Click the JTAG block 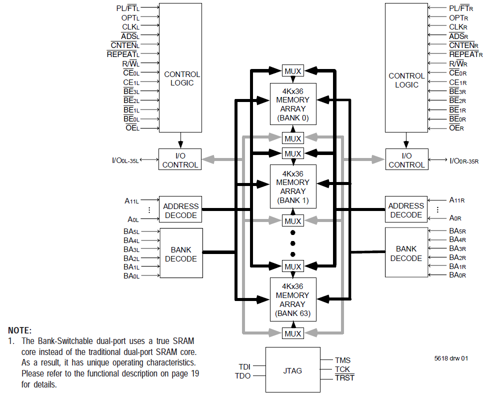(x=292, y=370)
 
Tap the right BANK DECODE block (x=406, y=252)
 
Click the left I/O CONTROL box (x=180, y=160)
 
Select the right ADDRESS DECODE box (x=406, y=210)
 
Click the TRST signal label (x=344, y=378)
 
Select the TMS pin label (x=342, y=360)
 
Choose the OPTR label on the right (x=458, y=17)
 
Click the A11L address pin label (x=131, y=201)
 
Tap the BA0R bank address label (x=457, y=275)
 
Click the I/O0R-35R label (x=464, y=160)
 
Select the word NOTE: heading (x=20, y=330)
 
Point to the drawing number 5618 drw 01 (x=451, y=358)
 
